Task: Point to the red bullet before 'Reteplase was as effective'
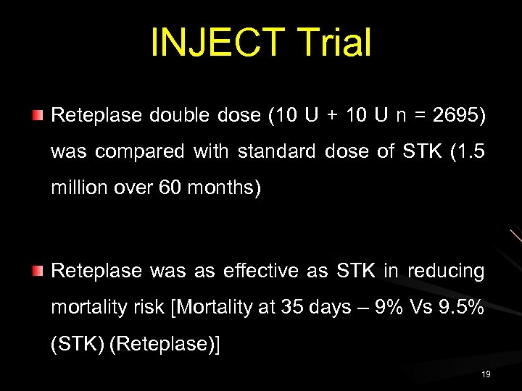[x=38, y=271]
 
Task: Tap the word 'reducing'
[x=446, y=271]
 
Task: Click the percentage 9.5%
[x=461, y=308]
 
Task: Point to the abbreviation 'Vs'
[x=418, y=308]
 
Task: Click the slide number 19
[x=485, y=374]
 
